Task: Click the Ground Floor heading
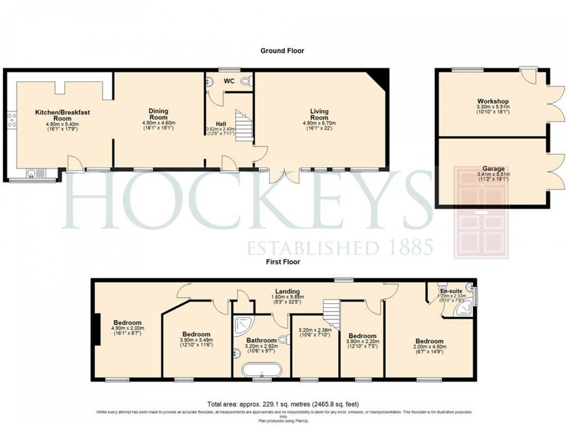coord(282,50)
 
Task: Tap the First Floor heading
coord(282,262)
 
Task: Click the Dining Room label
coord(159,114)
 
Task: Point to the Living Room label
coord(320,114)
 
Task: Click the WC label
coord(229,81)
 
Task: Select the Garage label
coord(493,168)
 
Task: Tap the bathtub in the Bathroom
coord(262,369)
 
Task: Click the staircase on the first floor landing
coord(332,314)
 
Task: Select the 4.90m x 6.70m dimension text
coord(320,123)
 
